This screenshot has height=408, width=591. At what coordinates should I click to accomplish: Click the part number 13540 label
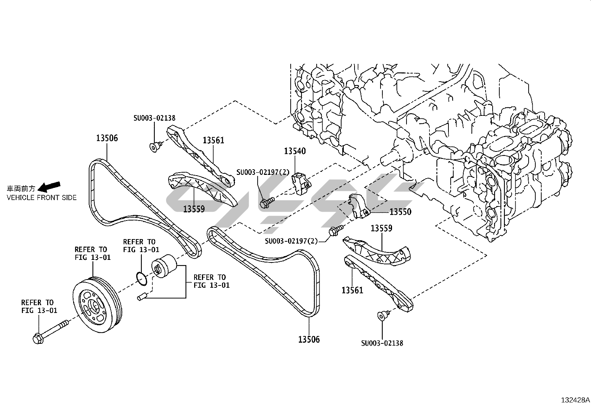click(295, 151)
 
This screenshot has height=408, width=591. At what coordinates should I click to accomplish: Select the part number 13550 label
click(400, 212)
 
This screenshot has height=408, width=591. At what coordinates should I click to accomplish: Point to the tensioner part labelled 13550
click(358, 206)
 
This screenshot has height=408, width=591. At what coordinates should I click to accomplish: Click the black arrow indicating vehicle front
click(49, 185)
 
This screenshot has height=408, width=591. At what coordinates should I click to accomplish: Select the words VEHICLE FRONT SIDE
click(42, 198)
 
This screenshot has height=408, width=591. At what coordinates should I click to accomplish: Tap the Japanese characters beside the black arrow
click(22, 188)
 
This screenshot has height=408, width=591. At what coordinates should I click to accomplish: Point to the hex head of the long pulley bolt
click(38, 339)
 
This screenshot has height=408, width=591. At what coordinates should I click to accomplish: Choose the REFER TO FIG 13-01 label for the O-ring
click(140, 246)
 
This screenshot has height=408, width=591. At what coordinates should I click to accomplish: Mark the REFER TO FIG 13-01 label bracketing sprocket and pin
click(210, 281)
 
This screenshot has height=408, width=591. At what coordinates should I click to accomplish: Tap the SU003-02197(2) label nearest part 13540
click(263, 172)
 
